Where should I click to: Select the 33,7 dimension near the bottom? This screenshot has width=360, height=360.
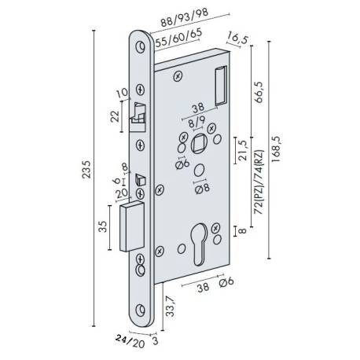click(x=169, y=306)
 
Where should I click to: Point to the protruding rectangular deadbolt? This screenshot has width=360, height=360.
click(x=130, y=226)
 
